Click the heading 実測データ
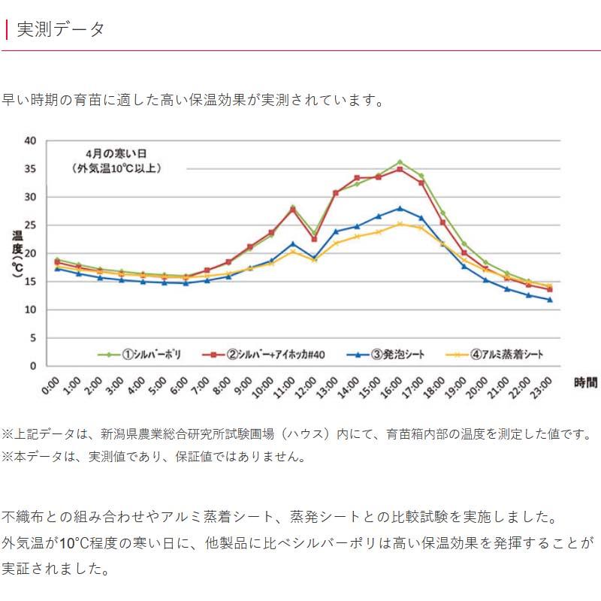click(60, 29)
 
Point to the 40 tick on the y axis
click(30, 140)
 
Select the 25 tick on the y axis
click(30, 225)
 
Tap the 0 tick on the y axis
click(33, 366)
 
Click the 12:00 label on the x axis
click(306, 388)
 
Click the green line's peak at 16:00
click(400, 162)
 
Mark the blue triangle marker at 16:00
click(400, 208)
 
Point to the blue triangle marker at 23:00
click(550, 300)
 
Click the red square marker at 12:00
click(314, 239)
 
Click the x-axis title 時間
click(586, 383)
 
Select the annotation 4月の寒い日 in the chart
click(116, 153)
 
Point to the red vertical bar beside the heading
click(6, 29)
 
